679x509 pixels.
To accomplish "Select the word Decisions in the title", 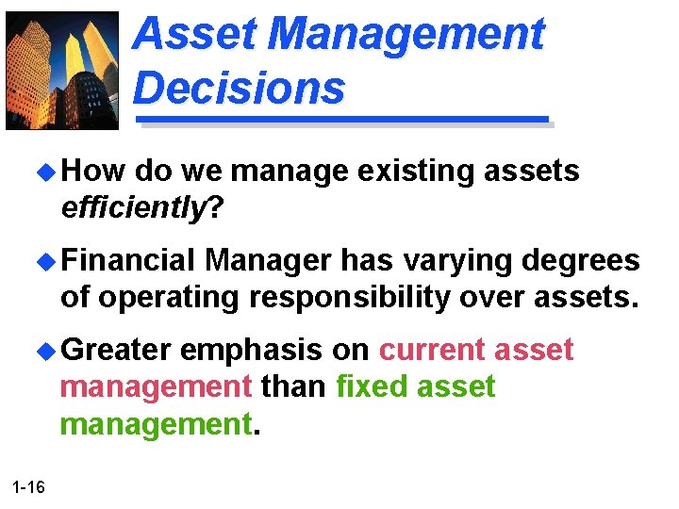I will coord(240,88).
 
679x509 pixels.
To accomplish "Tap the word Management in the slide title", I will coord(406,35).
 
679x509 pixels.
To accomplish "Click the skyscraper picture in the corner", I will coord(63,71).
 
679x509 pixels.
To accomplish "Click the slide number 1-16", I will coord(29,486).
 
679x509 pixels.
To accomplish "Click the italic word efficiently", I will coord(132,207).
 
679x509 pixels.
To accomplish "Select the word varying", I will coord(441,260).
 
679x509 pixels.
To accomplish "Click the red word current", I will coord(433,350).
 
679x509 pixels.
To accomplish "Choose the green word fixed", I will coord(366,386).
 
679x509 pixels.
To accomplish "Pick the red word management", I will coord(156,386).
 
